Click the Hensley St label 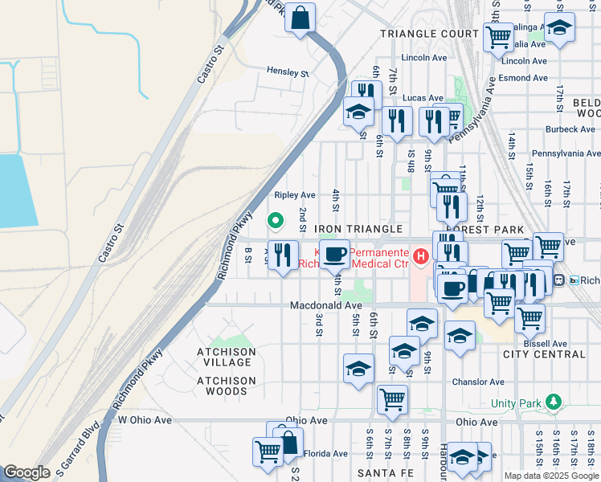(x=288, y=73)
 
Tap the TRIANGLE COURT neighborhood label (x=429, y=34)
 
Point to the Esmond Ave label (x=523, y=78)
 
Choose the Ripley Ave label (x=295, y=195)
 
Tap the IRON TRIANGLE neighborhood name (x=358, y=229)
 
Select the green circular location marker (x=276, y=219)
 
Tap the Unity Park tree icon (x=552, y=401)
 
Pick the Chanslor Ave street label (x=478, y=382)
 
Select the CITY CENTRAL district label (x=544, y=354)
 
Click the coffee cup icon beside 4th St (x=334, y=255)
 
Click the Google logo (x=27, y=472)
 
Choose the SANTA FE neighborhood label (x=384, y=474)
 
